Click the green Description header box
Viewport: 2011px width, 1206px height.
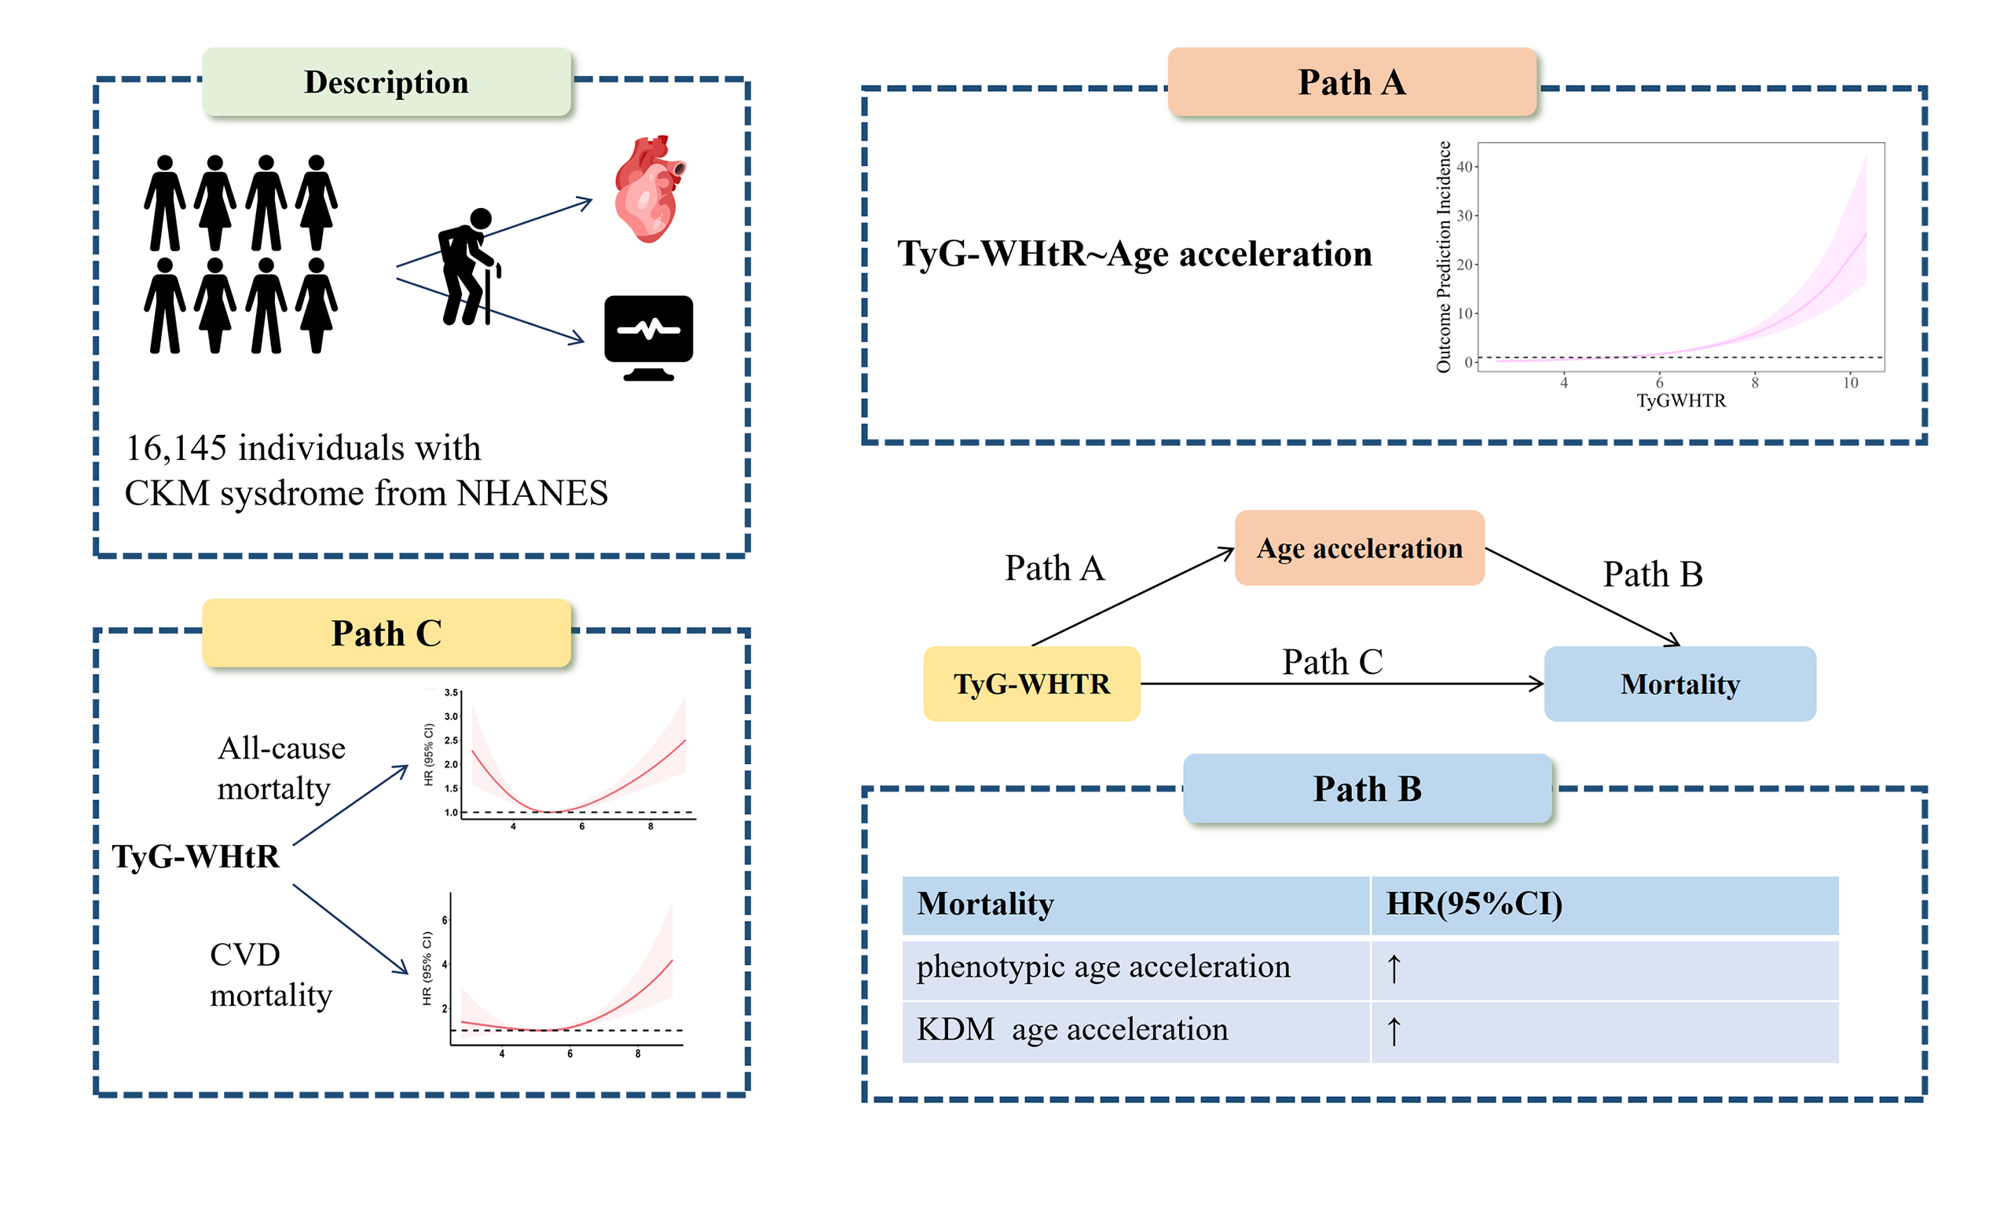coord(386,82)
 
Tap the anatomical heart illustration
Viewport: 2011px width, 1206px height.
coord(648,188)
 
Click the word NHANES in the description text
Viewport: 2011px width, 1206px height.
coord(532,493)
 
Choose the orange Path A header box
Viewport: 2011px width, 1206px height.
coord(1351,82)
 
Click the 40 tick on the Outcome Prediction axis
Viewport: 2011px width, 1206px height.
coord(1464,166)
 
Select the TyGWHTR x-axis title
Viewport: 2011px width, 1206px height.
coord(1680,400)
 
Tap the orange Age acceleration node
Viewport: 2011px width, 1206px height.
coord(1359,548)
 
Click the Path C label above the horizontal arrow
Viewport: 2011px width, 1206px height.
coord(1332,662)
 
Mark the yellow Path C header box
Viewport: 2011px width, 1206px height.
coord(386,633)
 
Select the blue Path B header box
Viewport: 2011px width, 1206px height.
coord(1366,788)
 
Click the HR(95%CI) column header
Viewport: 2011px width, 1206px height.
coord(1474,904)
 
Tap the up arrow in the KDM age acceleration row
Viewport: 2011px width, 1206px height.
coord(1394,1030)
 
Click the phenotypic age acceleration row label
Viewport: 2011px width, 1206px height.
coord(1103,967)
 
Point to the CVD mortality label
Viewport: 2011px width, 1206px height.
coord(271,974)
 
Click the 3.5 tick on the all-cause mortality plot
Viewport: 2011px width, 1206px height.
coord(451,693)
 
